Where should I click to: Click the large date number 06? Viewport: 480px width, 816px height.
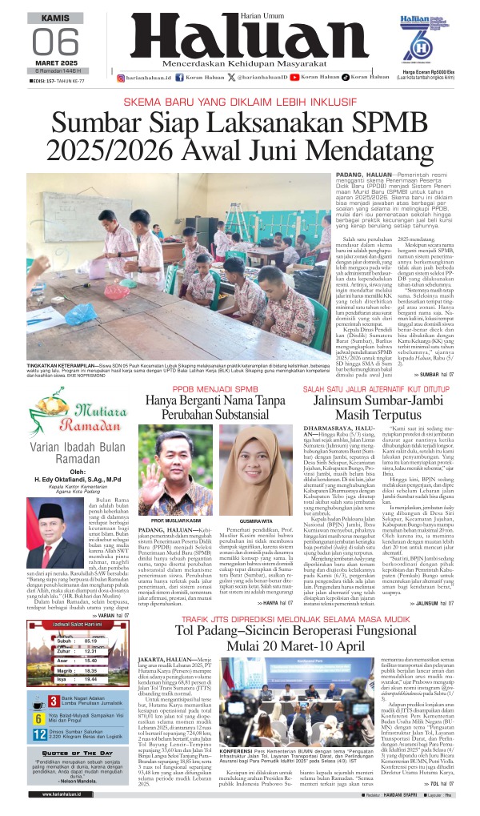[54, 42]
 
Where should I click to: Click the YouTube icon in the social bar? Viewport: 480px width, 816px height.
[294, 78]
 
